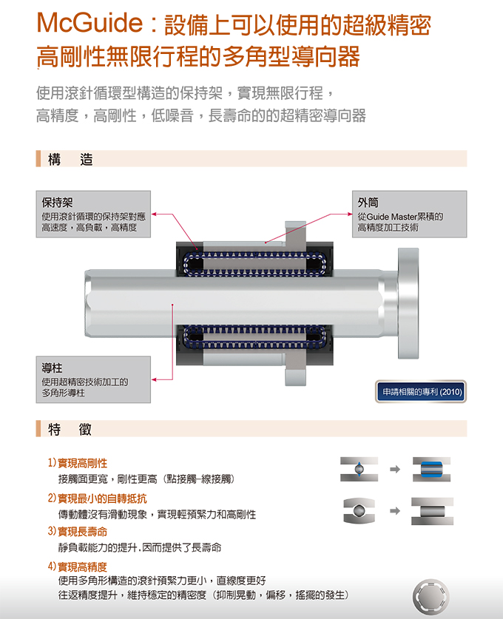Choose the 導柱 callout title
52,368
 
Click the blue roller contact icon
431,470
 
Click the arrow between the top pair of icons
395,470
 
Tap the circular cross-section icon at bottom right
431,596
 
